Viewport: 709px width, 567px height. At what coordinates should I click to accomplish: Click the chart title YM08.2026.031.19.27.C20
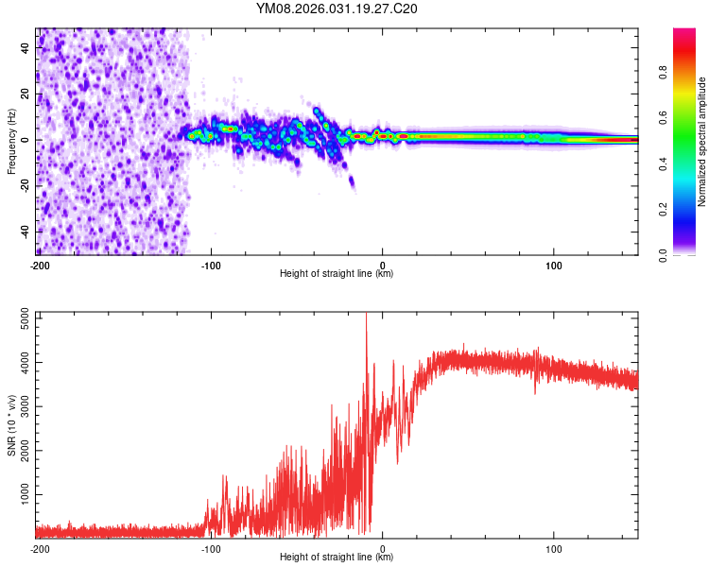click(x=337, y=9)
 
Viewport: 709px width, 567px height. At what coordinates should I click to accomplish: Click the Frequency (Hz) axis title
click(x=11, y=142)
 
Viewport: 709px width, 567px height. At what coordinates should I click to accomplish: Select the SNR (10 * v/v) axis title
click(x=11, y=425)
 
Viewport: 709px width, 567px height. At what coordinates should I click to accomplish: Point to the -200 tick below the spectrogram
click(x=40, y=266)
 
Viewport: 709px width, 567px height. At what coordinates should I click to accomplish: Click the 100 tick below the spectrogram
click(x=554, y=266)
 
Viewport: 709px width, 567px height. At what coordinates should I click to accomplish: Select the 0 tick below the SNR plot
click(x=382, y=548)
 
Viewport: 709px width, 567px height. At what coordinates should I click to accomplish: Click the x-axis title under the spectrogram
click(x=337, y=274)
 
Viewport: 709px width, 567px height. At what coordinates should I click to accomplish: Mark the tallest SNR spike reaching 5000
click(x=366, y=318)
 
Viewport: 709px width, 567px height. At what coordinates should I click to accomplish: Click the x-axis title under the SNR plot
click(x=337, y=558)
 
